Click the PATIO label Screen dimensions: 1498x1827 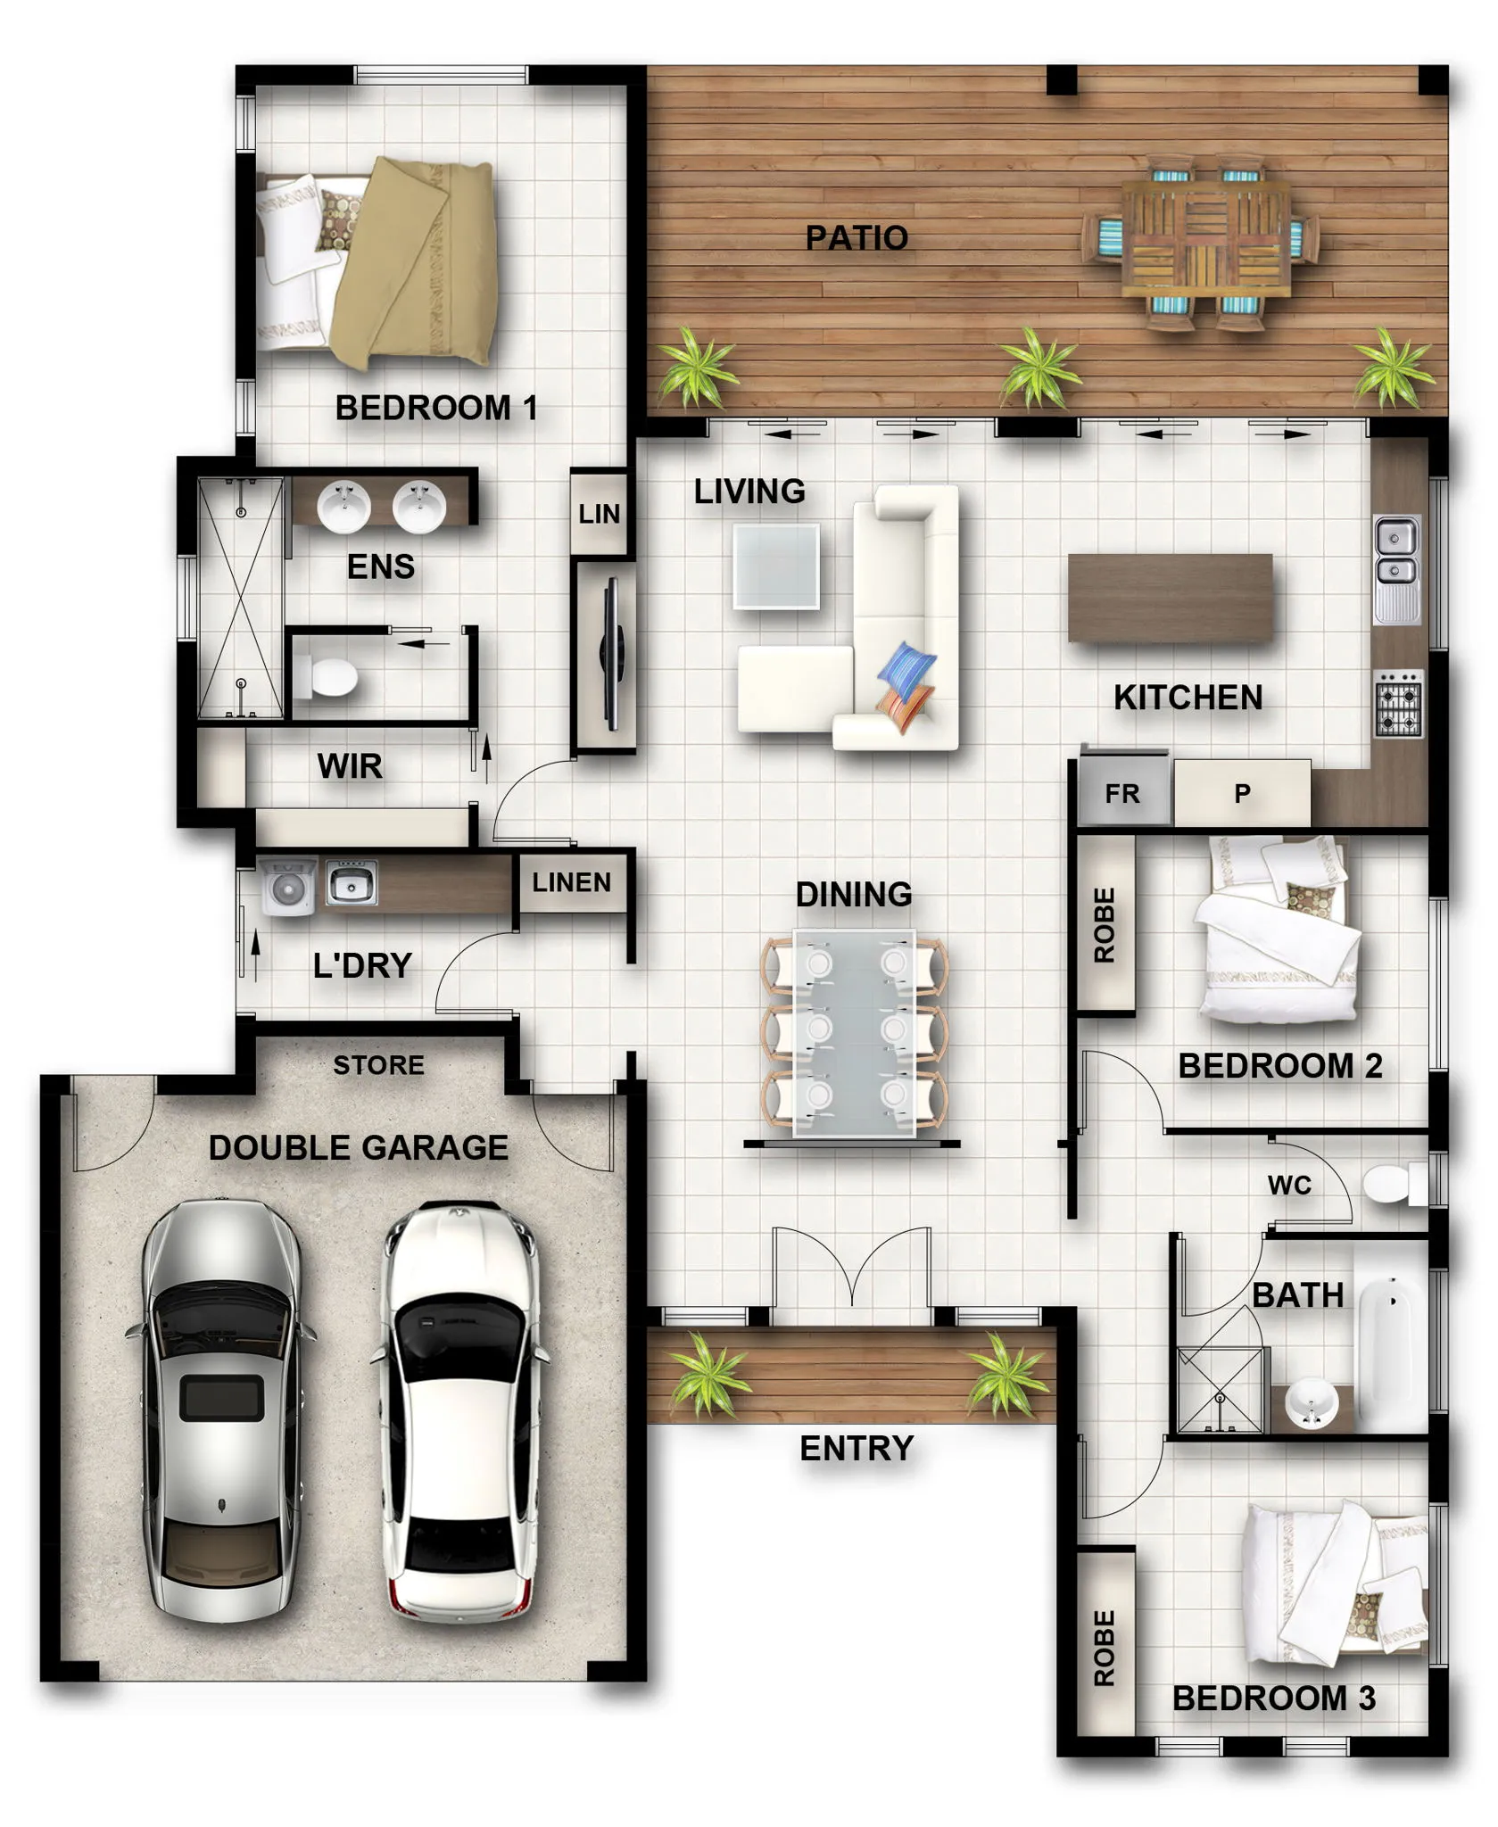(857, 238)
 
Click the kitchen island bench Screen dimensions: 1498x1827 (1171, 598)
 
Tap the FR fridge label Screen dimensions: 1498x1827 (1122, 794)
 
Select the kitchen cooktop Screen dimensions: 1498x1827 (1398, 703)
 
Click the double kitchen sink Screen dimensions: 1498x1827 (1397, 568)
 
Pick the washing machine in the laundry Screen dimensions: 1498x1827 (287, 887)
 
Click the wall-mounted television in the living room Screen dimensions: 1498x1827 (612, 654)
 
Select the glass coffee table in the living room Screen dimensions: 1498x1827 (776, 566)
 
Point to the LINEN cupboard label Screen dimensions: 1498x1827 (572, 882)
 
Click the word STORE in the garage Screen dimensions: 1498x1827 (378, 1065)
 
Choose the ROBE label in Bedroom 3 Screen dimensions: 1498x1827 (1105, 1649)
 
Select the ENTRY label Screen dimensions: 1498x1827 (857, 1450)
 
